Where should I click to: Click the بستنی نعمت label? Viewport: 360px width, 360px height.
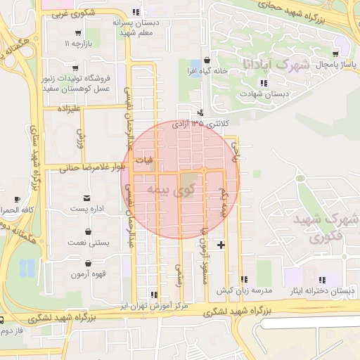click(x=88, y=243)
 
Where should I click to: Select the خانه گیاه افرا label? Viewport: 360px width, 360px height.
click(x=205, y=72)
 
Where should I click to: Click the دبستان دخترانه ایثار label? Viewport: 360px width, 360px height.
click(x=323, y=290)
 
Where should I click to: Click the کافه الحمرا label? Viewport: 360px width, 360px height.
click(x=18, y=210)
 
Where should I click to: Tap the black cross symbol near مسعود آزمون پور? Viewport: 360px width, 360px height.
click(x=221, y=245)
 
